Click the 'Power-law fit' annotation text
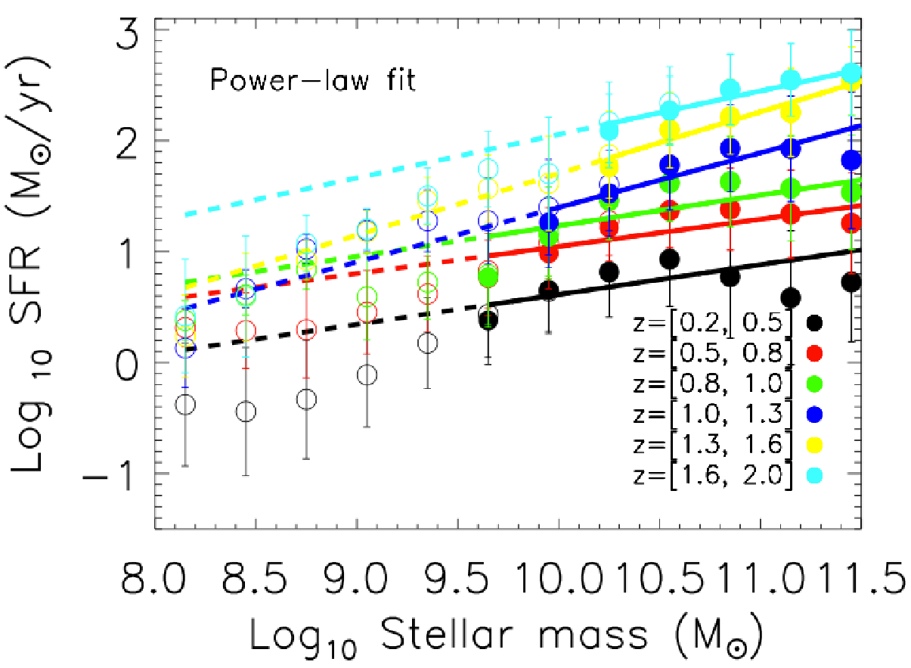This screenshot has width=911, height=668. click(312, 80)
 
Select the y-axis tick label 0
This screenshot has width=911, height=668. click(127, 363)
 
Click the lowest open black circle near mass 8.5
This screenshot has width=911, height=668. click(246, 412)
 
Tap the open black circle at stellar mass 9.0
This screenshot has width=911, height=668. click(367, 375)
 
